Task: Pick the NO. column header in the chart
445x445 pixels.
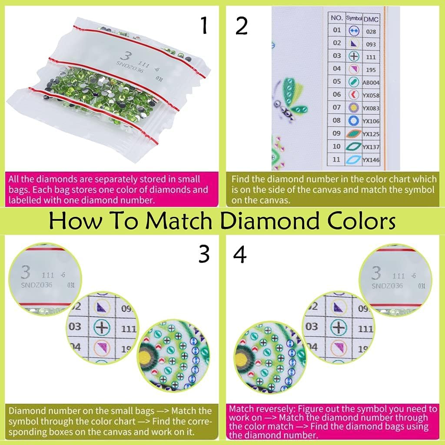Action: click(337, 19)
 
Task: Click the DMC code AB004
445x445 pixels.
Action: click(371, 82)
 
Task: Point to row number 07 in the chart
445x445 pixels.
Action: click(337, 107)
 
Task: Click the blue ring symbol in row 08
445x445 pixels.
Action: click(353, 120)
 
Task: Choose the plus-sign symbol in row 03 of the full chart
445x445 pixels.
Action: click(353, 56)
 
